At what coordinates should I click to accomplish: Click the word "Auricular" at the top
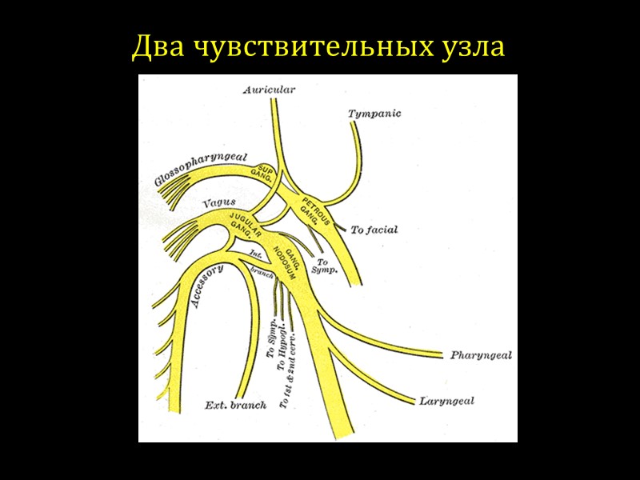click(270, 90)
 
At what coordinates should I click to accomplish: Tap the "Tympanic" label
click(374, 114)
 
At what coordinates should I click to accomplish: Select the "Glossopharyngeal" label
click(200, 167)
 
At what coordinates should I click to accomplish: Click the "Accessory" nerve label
click(207, 286)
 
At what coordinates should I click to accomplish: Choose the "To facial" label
click(374, 230)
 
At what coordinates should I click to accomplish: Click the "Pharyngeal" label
click(480, 354)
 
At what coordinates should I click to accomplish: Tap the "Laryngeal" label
click(446, 400)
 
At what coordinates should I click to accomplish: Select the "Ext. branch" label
click(236, 405)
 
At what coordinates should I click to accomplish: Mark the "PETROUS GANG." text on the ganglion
click(312, 207)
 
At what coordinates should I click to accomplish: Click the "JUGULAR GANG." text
click(245, 225)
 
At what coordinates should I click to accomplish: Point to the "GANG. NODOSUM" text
click(286, 257)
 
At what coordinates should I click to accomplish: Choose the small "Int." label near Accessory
click(256, 254)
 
